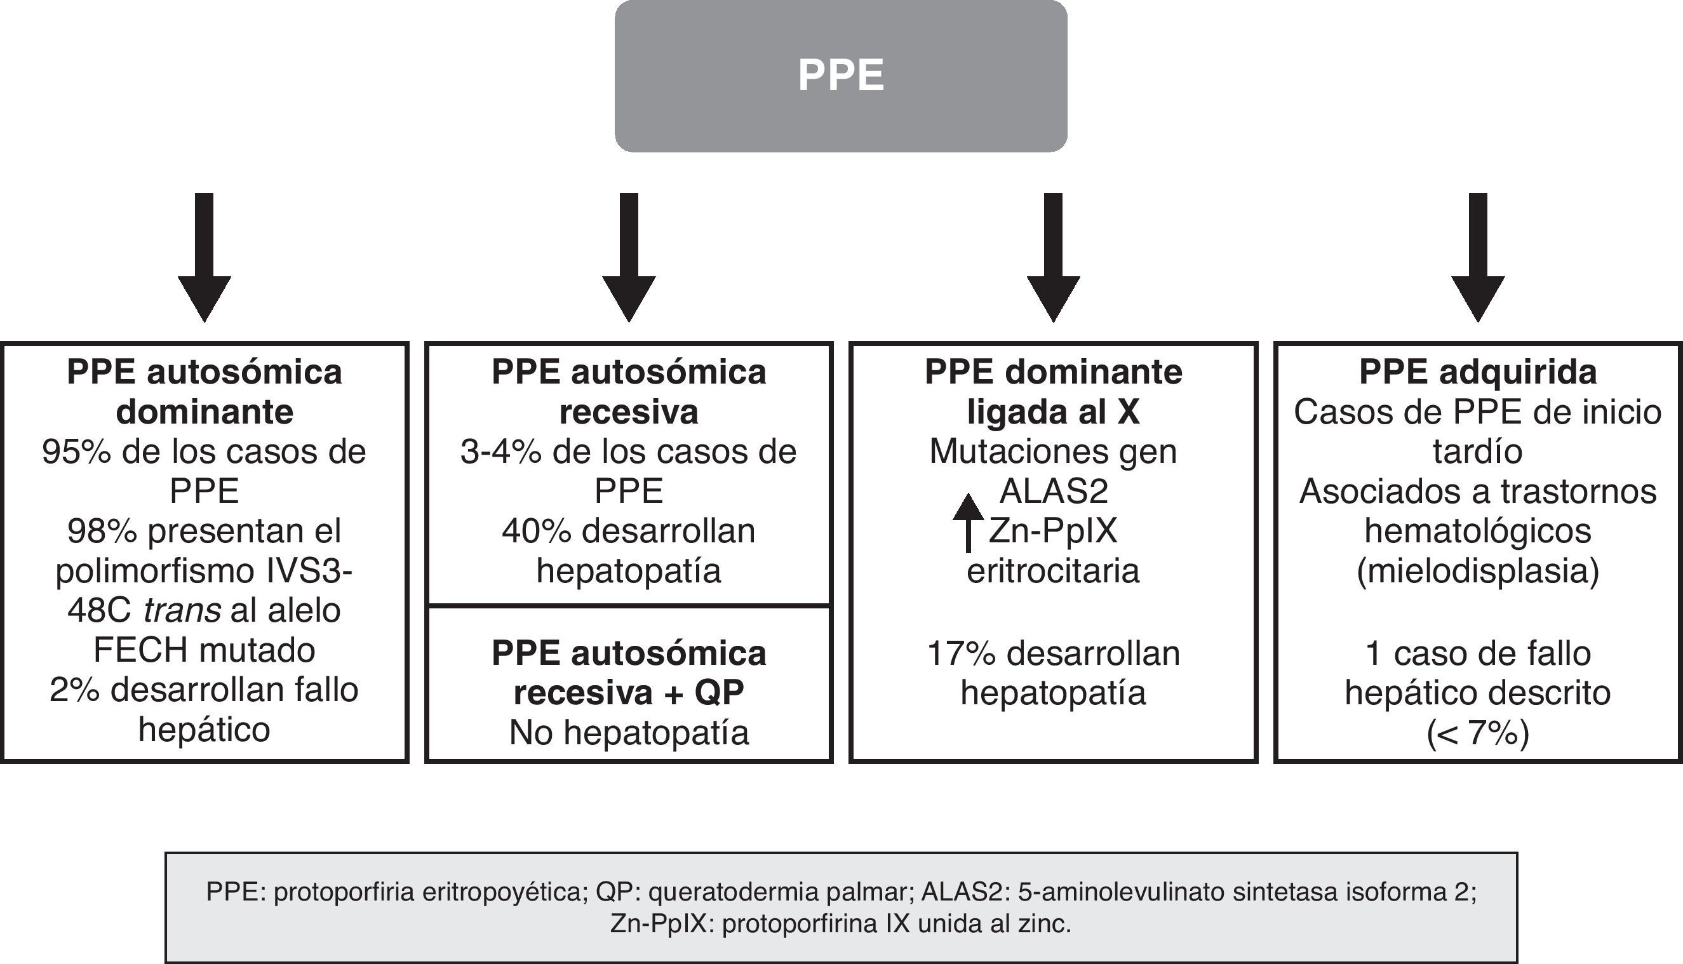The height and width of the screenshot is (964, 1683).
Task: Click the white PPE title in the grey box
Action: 841,76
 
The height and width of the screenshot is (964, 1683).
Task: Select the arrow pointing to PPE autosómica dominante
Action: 204,258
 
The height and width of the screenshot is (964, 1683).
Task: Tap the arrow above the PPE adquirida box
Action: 1478,258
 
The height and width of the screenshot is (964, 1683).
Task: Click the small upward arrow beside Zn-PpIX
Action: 968,523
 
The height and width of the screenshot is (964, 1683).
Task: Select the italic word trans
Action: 182,610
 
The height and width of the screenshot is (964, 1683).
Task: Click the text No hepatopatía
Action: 629,732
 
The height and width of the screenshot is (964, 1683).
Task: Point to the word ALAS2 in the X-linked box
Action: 1054,492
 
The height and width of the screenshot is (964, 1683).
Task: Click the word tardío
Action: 1478,452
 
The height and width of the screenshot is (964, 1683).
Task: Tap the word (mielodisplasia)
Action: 1478,572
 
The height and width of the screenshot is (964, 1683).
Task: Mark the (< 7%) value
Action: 1478,732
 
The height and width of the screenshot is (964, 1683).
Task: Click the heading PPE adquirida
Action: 1478,372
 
